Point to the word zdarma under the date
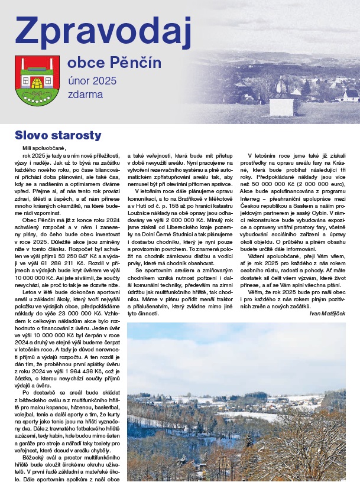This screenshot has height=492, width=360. click(85, 95)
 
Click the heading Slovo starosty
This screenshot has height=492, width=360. click(58, 135)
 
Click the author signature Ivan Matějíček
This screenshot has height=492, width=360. click(329, 312)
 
